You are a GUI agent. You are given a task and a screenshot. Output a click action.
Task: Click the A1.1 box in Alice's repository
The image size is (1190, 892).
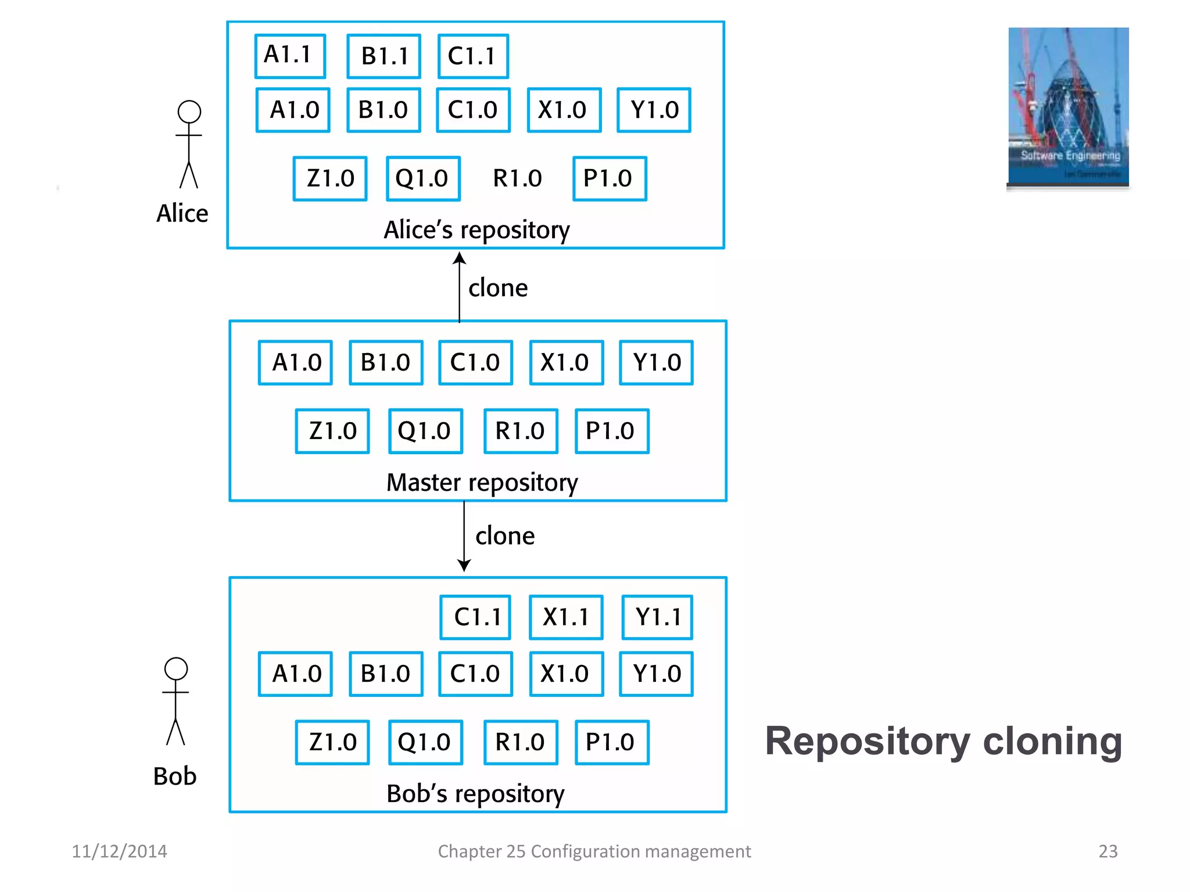pos(290,56)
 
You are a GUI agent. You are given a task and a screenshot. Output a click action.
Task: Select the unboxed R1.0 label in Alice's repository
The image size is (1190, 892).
pos(517,178)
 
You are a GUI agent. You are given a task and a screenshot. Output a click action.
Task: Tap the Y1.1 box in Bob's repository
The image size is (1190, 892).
pos(657,617)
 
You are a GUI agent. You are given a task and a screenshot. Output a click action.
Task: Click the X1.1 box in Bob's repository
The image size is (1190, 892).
pos(566,617)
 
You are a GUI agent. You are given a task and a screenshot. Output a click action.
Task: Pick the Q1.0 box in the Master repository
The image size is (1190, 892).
pos(425,431)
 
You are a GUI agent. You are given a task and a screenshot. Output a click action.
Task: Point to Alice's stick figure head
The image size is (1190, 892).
pos(189,111)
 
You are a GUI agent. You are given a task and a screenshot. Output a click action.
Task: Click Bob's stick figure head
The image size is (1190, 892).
pos(176,668)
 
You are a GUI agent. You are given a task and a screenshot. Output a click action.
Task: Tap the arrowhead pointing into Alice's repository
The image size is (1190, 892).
pos(460,258)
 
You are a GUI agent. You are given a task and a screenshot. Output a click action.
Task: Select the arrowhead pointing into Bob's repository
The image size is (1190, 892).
pos(464,566)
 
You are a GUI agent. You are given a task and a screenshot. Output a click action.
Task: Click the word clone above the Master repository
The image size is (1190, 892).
pos(498,288)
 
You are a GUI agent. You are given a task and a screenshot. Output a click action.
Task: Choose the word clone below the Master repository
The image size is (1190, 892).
pos(505,535)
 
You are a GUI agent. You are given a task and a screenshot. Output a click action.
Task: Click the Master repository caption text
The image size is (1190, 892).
pos(482,482)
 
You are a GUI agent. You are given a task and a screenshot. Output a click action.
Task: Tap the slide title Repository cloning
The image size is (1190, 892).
pos(943,741)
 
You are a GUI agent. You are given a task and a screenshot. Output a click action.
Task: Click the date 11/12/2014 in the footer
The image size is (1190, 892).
pos(119,851)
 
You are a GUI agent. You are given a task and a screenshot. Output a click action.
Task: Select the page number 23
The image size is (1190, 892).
pos(1107,851)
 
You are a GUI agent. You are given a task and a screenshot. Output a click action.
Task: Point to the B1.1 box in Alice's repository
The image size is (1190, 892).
pos(383,56)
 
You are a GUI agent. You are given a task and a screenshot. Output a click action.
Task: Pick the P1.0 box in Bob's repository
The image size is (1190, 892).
pos(611,742)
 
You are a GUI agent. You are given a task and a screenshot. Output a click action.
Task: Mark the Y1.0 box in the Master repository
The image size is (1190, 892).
pos(656,362)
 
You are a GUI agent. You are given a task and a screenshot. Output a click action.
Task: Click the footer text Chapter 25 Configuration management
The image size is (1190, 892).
pos(594,851)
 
